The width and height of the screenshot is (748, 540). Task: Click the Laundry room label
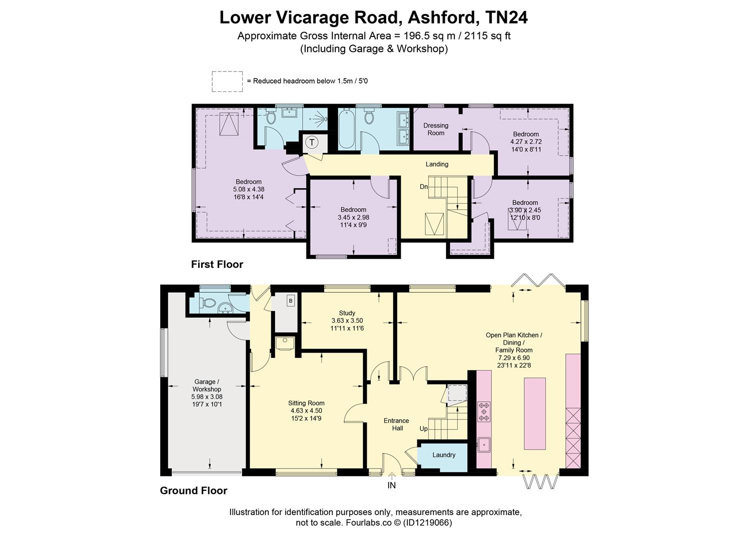click(x=444, y=455)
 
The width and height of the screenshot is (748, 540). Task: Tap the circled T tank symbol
click(x=312, y=142)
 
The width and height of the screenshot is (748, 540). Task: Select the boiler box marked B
click(x=291, y=300)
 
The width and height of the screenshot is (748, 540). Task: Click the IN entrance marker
click(x=391, y=485)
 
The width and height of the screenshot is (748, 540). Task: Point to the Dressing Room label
click(x=436, y=129)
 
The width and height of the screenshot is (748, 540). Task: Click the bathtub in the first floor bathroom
click(x=346, y=128)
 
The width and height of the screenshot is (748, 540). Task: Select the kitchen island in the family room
click(x=535, y=414)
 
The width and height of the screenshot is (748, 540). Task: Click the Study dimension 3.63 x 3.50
click(x=347, y=320)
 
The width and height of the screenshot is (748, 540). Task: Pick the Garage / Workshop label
click(x=207, y=385)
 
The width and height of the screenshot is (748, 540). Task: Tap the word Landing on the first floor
click(x=437, y=164)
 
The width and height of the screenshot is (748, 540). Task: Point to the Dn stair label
click(x=423, y=186)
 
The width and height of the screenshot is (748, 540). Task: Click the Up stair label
click(x=423, y=429)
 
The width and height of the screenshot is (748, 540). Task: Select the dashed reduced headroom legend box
click(x=227, y=81)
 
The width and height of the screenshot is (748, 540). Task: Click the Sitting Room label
click(x=306, y=403)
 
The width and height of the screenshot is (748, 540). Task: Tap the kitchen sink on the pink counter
click(x=484, y=444)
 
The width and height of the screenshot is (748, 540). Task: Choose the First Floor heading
click(x=217, y=264)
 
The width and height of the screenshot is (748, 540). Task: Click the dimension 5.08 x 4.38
click(x=249, y=189)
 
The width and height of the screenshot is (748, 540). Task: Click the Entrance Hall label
click(x=396, y=424)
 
